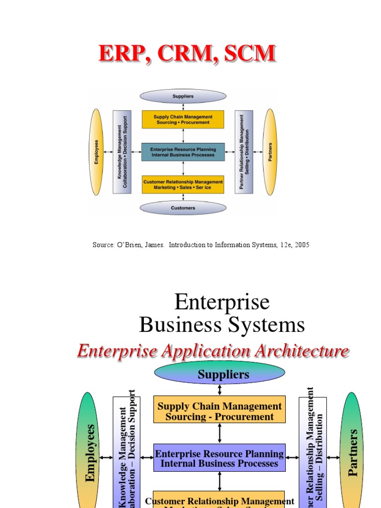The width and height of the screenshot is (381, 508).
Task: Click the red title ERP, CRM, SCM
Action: (x=187, y=54)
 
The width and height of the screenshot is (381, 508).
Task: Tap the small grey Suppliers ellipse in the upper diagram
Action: (x=183, y=96)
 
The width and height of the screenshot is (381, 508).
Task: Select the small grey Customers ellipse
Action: (x=183, y=208)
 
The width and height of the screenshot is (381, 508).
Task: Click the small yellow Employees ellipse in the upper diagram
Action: (x=97, y=152)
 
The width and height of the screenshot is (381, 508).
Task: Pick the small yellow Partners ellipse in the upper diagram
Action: (x=270, y=152)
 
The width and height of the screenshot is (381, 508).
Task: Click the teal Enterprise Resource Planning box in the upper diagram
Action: (x=183, y=152)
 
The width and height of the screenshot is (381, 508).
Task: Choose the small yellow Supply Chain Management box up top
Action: (x=183, y=120)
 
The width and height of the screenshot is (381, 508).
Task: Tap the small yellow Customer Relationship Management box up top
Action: (x=183, y=185)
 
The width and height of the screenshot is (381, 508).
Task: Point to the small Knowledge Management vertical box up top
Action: (x=122, y=152)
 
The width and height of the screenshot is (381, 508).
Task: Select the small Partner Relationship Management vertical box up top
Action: (x=244, y=152)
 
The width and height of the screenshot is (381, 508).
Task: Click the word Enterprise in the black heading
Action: (x=222, y=302)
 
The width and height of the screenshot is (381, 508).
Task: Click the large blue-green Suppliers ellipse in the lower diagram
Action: (x=219, y=375)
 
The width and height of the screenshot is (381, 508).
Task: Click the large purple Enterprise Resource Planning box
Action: (x=219, y=458)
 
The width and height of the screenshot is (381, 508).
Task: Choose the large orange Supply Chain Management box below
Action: (x=219, y=411)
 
